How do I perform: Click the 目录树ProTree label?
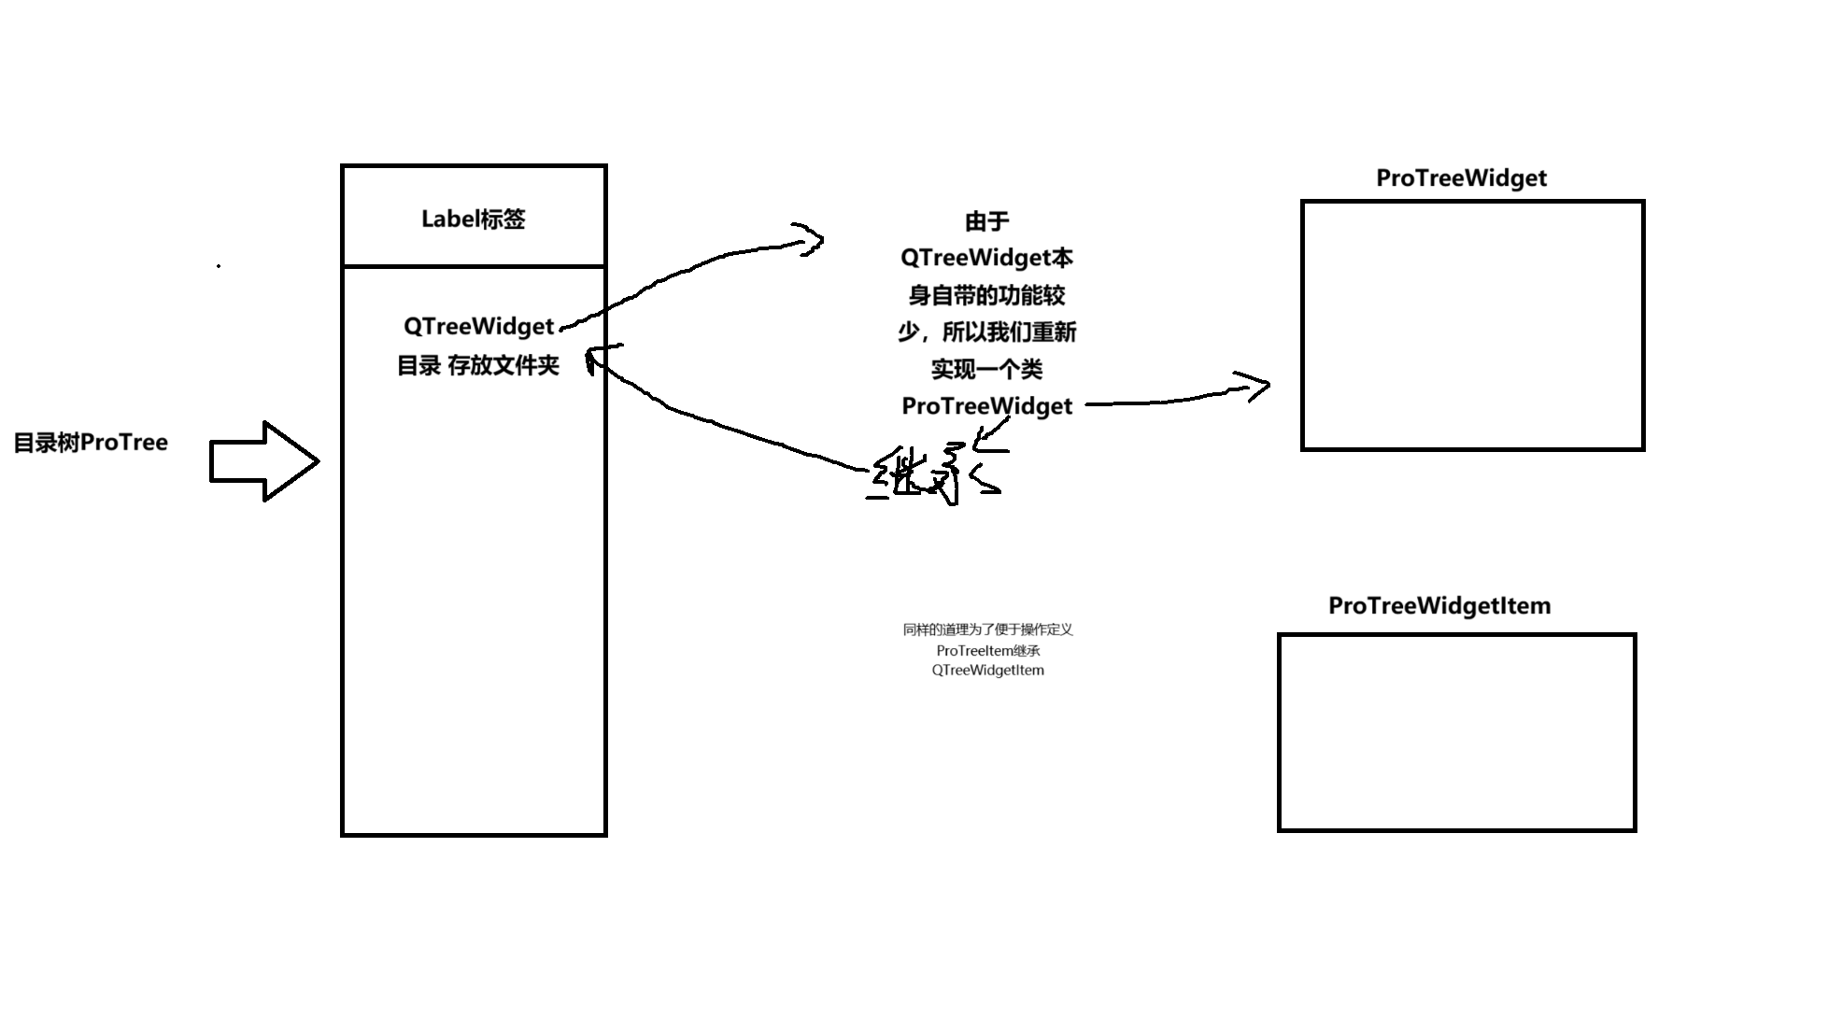point(91,443)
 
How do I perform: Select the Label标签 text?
point(474,219)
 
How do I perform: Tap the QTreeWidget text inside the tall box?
point(478,326)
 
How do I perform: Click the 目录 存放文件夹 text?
point(478,365)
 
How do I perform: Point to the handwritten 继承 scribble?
point(934,473)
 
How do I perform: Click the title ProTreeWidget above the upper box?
point(1461,178)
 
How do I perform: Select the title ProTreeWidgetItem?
point(1439,606)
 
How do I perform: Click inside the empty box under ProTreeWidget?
point(1472,325)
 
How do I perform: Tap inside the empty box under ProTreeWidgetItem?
point(1456,732)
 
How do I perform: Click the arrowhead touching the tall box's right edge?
point(595,357)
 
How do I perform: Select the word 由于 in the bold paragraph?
point(987,221)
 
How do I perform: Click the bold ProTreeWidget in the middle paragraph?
point(987,406)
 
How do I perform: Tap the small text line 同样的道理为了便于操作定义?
point(987,629)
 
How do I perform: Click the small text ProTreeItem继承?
point(987,650)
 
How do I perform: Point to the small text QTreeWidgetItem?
point(987,671)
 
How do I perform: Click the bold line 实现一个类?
point(987,370)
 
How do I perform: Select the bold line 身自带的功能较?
point(987,296)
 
